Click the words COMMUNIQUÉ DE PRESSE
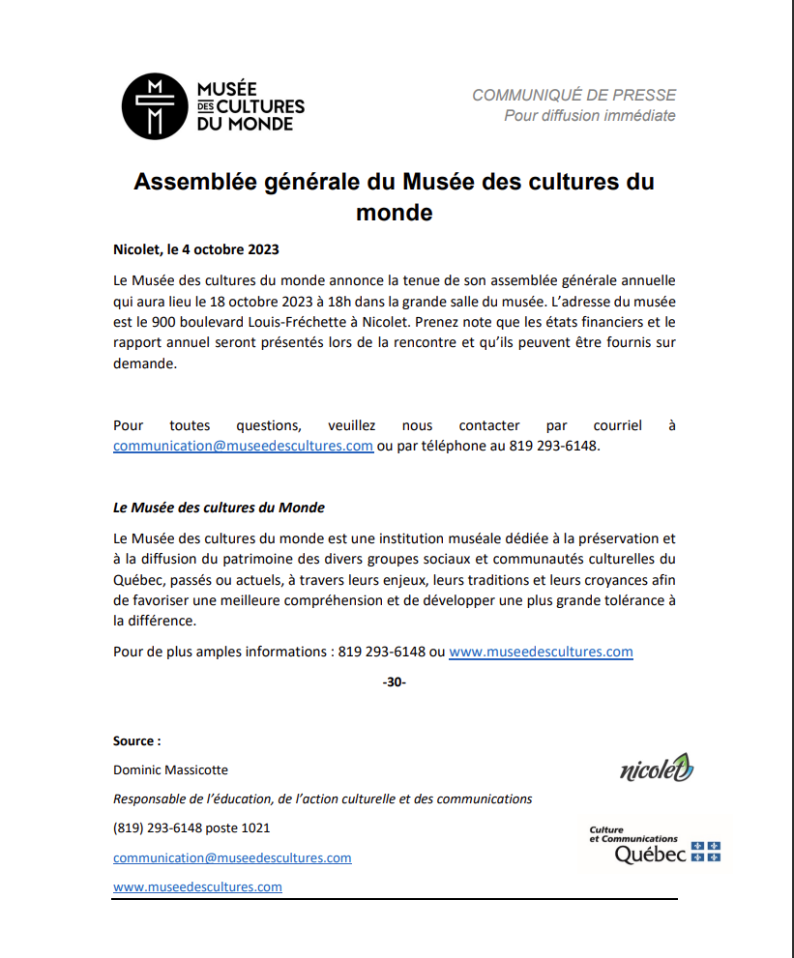tap(573, 95)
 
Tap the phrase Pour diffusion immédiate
tap(589, 116)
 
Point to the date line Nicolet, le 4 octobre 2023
tap(195, 249)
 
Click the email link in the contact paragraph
tap(243, 446)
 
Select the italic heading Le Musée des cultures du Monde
tap(219, 508)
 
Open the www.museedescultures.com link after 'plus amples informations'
tap(541, 652)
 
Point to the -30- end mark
tap(395, 682)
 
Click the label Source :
tap(136, 741)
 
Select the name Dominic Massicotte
tap(171, 770)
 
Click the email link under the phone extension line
tap(232, 857)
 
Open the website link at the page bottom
tap(197, 886)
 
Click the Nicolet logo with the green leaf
tap(657, 769)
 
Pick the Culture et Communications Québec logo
tap(655, 844)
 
